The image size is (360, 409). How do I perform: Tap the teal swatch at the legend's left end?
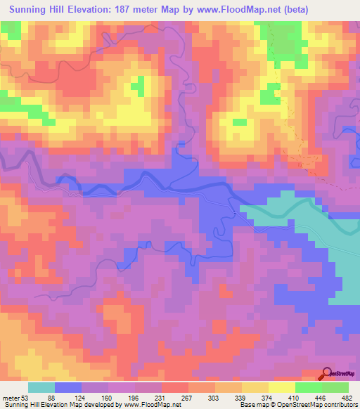pyautogui.click(x=41, y=387)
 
